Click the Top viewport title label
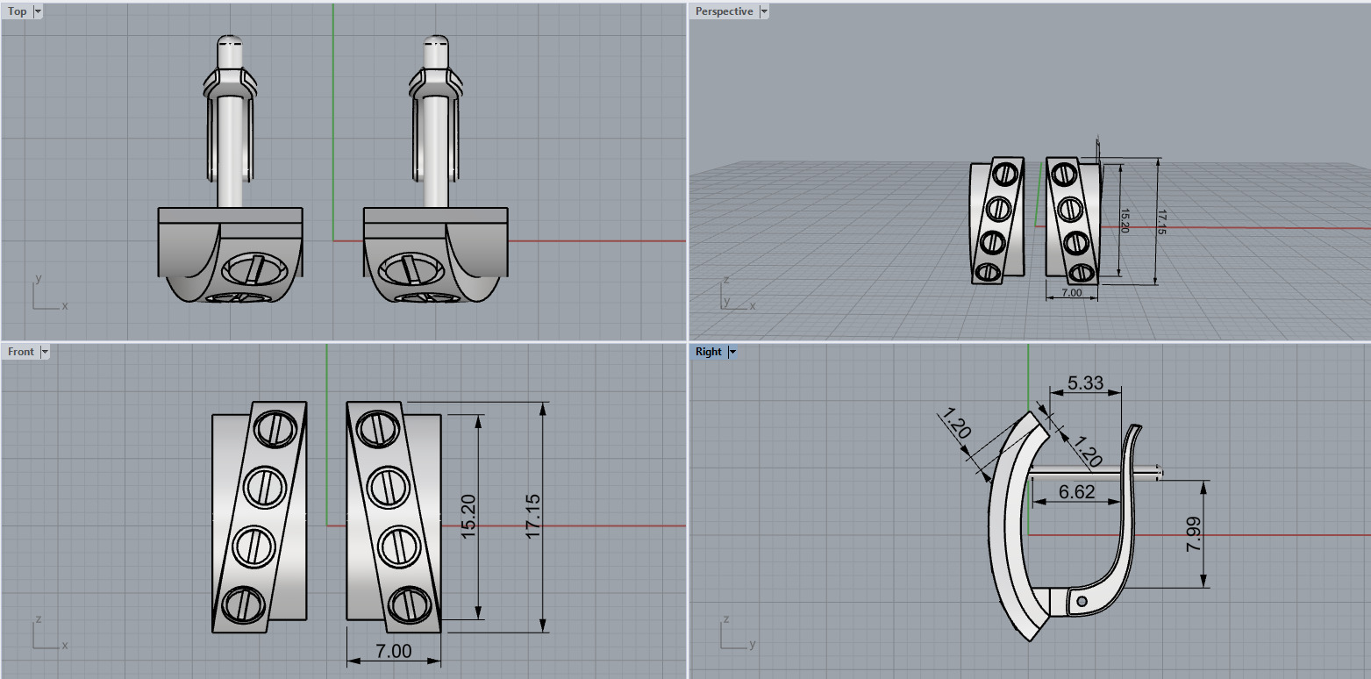point(18,11)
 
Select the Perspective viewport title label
point(724,11)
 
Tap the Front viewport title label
point(21,352)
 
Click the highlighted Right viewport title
point(708,352)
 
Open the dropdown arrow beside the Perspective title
point(763,11)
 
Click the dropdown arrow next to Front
point(45,352)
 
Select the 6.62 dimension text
point(1076,492)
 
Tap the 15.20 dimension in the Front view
point(468,517)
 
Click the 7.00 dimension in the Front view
point(393,651)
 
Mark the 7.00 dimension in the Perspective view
point(1071,292)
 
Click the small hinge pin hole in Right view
point(1082,601)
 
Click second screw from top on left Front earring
point(261,485)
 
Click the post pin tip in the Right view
point(1160,473)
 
